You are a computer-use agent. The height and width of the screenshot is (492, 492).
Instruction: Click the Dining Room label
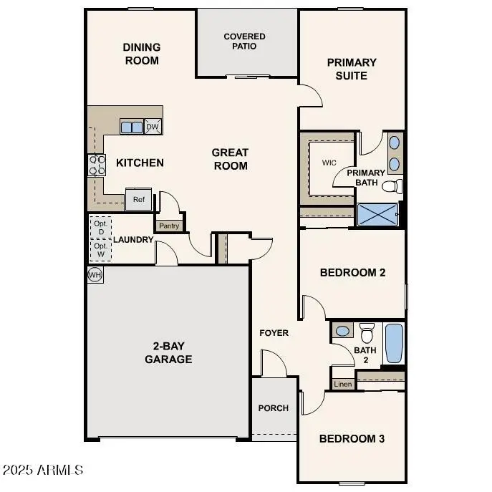pos(142,54)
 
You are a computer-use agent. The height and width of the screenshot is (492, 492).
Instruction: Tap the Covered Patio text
pos(244,41)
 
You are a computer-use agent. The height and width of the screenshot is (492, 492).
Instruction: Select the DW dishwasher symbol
pos(152,127)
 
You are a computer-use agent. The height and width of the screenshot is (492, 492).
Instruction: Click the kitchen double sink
pos(131,127)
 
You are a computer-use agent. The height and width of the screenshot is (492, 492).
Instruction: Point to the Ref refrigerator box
pos(139,200)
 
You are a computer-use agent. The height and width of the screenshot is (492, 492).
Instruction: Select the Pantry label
pos(170,226)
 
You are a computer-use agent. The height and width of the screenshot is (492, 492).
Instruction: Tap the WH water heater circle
pos(95,274)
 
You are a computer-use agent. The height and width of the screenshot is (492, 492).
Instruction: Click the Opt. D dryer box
pos(100,227)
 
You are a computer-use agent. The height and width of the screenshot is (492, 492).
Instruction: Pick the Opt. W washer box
pos(100,251)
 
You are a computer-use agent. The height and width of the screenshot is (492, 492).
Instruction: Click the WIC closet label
pos(329,163)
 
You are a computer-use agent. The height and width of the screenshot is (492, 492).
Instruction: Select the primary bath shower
pos(377,215)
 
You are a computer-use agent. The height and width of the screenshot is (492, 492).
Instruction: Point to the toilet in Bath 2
pos(367,332)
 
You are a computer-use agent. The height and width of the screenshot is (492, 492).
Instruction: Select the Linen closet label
pos(343,385)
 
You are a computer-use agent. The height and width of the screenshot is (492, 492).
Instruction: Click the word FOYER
pos(274,333)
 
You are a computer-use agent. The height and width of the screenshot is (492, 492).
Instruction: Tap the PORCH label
pos(273,408)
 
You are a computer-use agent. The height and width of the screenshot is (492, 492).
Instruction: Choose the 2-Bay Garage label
pos(168,352)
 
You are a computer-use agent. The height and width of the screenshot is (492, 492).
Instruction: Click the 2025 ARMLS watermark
pos(43,471)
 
